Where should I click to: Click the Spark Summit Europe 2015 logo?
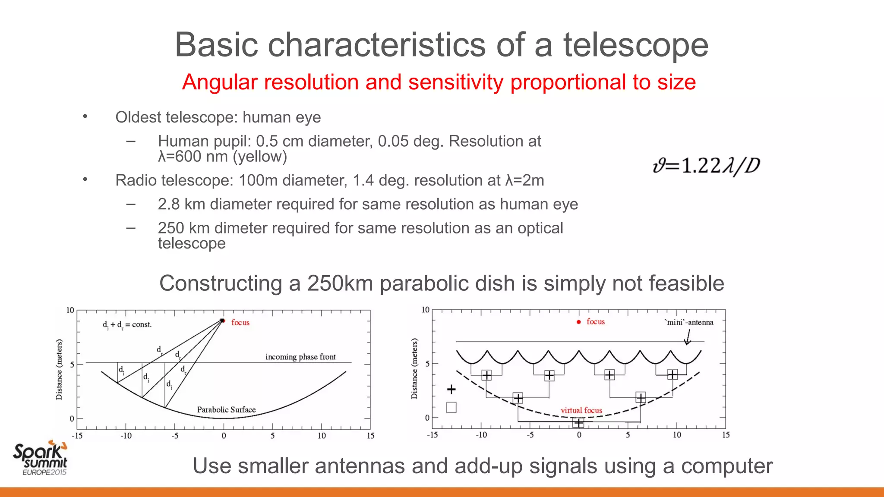(41, 458)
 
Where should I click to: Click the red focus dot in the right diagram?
(579, 322)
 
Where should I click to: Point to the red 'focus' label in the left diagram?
(240, 322)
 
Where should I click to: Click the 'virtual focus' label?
(581, 410)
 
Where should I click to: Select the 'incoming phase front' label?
(300, 357)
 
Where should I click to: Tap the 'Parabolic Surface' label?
(226, 409)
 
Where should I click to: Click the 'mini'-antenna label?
(689, 322)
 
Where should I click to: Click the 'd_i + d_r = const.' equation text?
(127, 324)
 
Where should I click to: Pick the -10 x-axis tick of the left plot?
(126, 436)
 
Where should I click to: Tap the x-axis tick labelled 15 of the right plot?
(726, 435)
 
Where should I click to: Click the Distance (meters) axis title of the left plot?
(59, 369)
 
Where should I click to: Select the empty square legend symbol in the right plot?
(451, 407)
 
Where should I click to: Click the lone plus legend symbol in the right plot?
(451, 390)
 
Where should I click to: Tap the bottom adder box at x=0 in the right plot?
(578, 423)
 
